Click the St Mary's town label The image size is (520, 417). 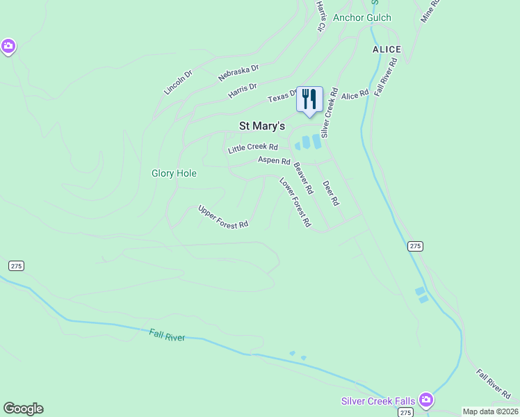point(262,126)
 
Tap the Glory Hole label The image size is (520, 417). point(174,173)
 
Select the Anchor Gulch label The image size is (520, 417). point(361,17)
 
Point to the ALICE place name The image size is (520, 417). point(387,49)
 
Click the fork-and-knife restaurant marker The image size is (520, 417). point(309,99)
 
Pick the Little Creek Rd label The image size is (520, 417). point(253,147)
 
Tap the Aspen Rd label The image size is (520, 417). point(274,160)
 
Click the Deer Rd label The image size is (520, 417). point(330,193)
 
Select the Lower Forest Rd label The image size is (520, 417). point(295,203)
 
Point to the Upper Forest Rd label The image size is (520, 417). point(222,217)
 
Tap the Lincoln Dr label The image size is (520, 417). point(177,83)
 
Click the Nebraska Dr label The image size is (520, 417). point(238,72)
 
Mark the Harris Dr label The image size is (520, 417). point(242,90)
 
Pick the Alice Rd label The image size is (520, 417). point(355,95)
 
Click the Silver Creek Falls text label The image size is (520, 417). point(378,401)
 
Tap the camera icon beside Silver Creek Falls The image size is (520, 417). point(426,400)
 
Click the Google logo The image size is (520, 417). point(23,409)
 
